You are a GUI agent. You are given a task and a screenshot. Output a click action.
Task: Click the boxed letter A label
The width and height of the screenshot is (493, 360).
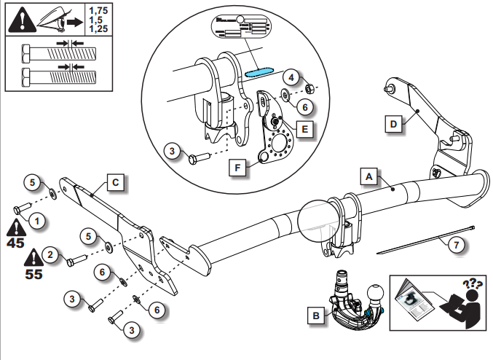pyautogui.click(x=369, y=176)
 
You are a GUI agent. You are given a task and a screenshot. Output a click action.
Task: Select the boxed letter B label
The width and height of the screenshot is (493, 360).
pyautogui.click(x=315, y=316)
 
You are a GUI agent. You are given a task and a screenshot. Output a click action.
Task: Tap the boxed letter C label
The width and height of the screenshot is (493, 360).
pyautogui.click(x=116, y=181)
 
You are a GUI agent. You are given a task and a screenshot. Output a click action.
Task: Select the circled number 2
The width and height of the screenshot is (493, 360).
pyautogui.click(x=50, y=254)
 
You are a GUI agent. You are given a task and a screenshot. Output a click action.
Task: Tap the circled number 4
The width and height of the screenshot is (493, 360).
pyautogui.click(x=291, y=77)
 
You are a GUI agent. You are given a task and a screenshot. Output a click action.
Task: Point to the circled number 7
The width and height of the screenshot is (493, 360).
pyautogui.click(x=456, y=245)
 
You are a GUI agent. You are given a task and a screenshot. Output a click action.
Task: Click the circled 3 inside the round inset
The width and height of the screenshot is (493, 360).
pyautogui.click(x=171, y=151)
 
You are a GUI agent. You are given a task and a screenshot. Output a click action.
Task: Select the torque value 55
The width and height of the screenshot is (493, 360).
pyautogui.click(x=33, y=276)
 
